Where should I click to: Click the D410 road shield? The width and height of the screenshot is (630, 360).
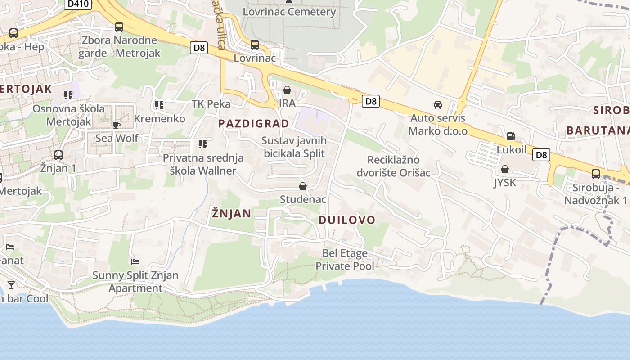79,4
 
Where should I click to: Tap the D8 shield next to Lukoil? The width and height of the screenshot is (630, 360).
541,155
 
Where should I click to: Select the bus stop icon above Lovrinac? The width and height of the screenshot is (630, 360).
255,45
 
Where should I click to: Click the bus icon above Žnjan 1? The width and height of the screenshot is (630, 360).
58,155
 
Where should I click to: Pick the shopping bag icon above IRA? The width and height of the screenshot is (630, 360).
287,90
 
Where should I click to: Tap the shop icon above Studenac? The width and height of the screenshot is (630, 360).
303,186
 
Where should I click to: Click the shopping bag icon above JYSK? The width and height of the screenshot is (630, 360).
505,169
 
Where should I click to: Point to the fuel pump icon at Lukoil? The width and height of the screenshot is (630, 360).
511,136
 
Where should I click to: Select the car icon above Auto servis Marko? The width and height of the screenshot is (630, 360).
437,105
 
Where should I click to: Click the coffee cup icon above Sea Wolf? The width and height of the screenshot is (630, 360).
117,125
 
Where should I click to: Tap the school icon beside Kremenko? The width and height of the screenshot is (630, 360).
158,105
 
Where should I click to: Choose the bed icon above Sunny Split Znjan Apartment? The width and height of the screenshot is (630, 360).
135,261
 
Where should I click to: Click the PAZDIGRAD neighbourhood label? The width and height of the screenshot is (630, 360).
254,123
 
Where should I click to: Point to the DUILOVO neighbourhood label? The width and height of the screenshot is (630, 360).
347,220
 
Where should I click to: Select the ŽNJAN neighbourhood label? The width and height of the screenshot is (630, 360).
231,213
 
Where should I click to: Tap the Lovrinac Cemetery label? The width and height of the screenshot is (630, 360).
289,12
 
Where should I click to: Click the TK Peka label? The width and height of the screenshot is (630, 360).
211,104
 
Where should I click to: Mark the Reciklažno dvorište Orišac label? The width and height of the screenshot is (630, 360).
393,166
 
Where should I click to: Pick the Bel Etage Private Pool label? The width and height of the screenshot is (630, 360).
345,260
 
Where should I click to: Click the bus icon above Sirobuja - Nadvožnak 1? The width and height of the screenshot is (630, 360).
596,174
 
